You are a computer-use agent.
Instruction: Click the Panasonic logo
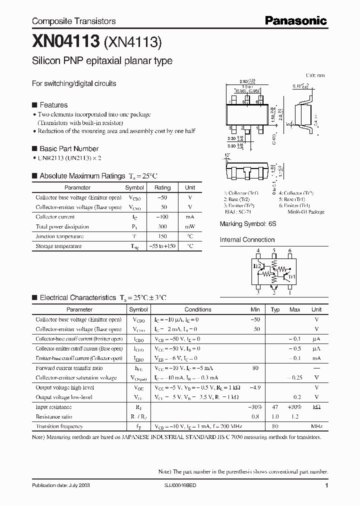(x=295, y=20)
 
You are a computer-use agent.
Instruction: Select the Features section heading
(x=53, y=105)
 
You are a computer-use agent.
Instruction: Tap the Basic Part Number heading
(x=68, y=148)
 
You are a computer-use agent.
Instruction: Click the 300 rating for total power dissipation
(x=162, y=226)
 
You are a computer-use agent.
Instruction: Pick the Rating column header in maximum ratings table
(x=162, y=187)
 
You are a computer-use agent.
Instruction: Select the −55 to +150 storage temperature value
(x=162, y=246)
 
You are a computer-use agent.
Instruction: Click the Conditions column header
(x=198, y=309)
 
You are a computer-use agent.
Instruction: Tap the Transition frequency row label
(x=59, y=426)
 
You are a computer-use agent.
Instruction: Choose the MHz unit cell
(x=316, y=426)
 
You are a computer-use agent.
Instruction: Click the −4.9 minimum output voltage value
(x=255, y=387)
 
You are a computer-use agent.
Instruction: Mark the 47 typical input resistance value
(x=274, y=407)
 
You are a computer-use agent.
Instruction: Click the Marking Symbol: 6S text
(x=248, y=224)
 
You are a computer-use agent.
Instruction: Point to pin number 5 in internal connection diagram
(x=274, y=250)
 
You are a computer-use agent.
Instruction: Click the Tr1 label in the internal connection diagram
(x=292, y=275)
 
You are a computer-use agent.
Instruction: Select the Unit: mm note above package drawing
(x=315, y=75)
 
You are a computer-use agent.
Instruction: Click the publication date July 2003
(x=61, y=485)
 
